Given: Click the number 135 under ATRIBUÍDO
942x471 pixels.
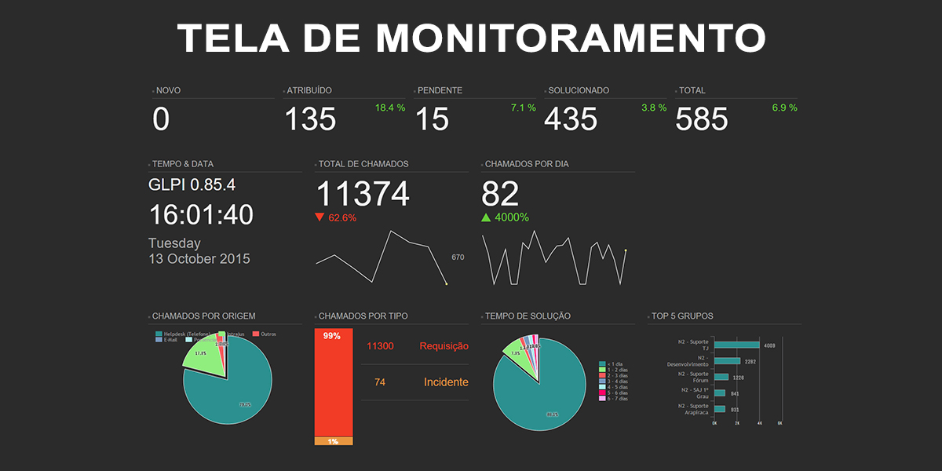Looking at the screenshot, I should tap(310, 119).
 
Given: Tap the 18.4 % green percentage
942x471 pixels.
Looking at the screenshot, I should tap(390, 108).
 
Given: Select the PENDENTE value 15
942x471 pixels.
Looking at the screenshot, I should tap(432, 119).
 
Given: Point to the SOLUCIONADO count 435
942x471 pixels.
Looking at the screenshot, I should tap(571, 119).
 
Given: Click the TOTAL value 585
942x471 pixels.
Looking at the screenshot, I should tap(702, 119).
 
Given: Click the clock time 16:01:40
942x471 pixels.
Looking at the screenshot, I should tap(201, 215).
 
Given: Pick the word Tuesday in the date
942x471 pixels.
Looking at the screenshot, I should tap(174, 243).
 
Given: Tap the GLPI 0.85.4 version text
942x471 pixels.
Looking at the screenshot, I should tap(192, 185).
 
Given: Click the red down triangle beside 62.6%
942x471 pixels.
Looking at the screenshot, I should tap(319, 217).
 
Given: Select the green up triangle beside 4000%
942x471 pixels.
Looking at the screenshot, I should tap(486, 217).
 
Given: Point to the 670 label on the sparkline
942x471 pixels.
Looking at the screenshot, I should tap(458, 257).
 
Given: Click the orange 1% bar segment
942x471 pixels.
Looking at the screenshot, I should tap(334, 442).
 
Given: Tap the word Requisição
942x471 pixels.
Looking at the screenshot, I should tap(444, 346).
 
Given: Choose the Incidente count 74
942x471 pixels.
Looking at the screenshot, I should tap(380, 382).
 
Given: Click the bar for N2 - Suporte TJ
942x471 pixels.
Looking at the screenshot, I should tap(736, 345).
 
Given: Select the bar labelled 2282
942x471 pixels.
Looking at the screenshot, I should tap(727, 361).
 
